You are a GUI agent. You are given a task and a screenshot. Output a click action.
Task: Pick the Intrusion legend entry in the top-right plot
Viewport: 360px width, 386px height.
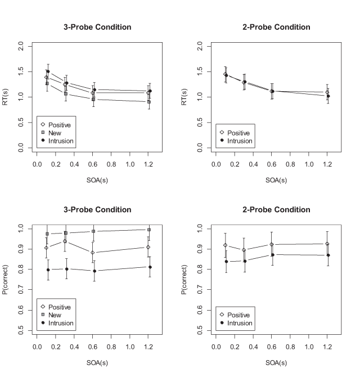coord(240,141)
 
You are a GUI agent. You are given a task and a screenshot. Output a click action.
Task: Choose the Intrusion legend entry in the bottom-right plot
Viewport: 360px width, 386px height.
coord(240,323)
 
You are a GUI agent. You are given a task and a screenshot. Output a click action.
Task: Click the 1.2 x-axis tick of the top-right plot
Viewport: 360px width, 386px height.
coord(327,164)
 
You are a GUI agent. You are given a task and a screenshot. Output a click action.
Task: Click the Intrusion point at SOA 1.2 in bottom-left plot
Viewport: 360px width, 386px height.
coord(150,267)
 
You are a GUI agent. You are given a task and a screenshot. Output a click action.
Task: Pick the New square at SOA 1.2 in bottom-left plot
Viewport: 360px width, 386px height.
coord(149,230)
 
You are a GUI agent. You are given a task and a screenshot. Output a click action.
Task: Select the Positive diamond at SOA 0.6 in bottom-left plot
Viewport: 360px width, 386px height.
coord(93,253)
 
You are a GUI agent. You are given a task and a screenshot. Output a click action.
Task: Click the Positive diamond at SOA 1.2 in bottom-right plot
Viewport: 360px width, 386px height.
coord(327,244)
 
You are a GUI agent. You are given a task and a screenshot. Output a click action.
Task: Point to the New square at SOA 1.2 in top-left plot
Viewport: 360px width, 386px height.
coord(148,102)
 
